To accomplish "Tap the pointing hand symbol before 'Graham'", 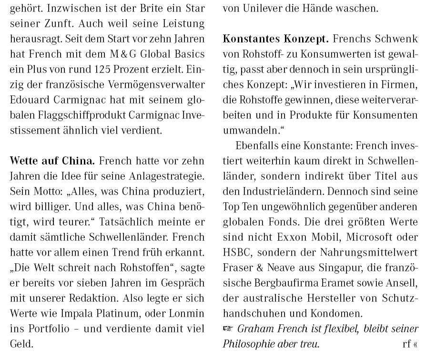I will pyautogui.click(x=229, y=329).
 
